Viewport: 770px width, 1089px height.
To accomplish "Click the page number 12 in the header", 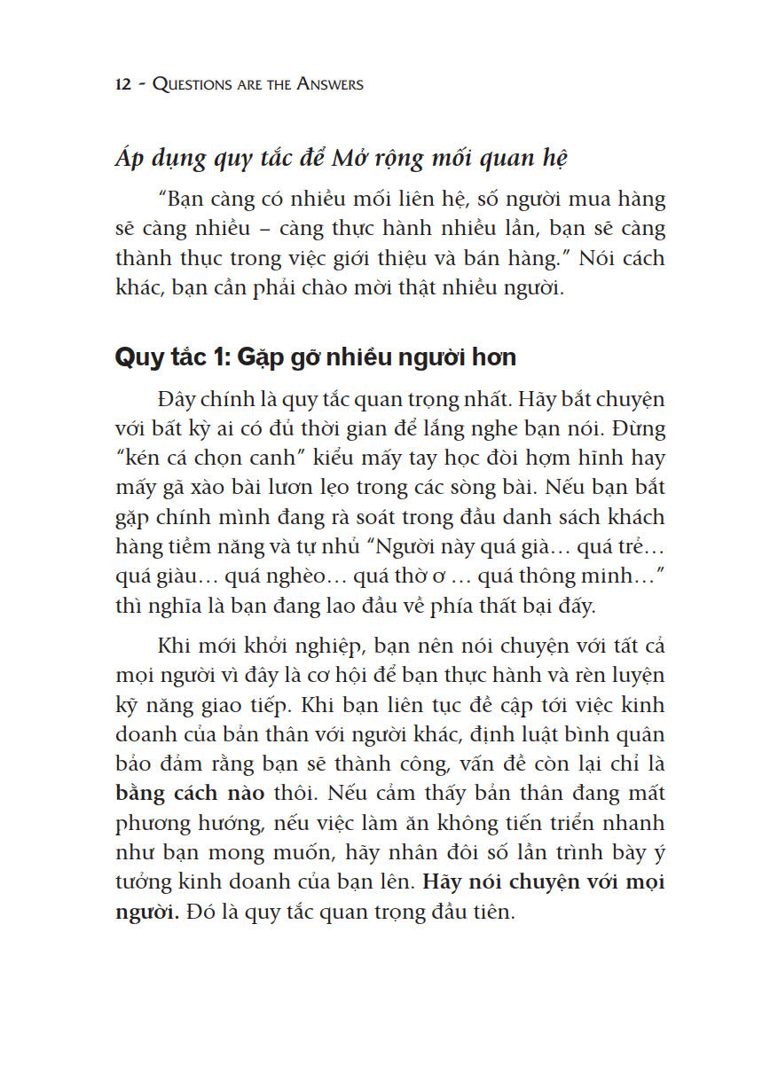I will pos(124,85).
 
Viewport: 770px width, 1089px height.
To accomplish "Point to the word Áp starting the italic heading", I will pos(130,160).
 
